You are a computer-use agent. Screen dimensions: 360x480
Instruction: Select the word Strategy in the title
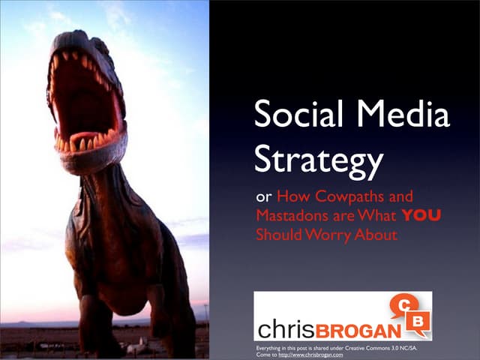[319, 160]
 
